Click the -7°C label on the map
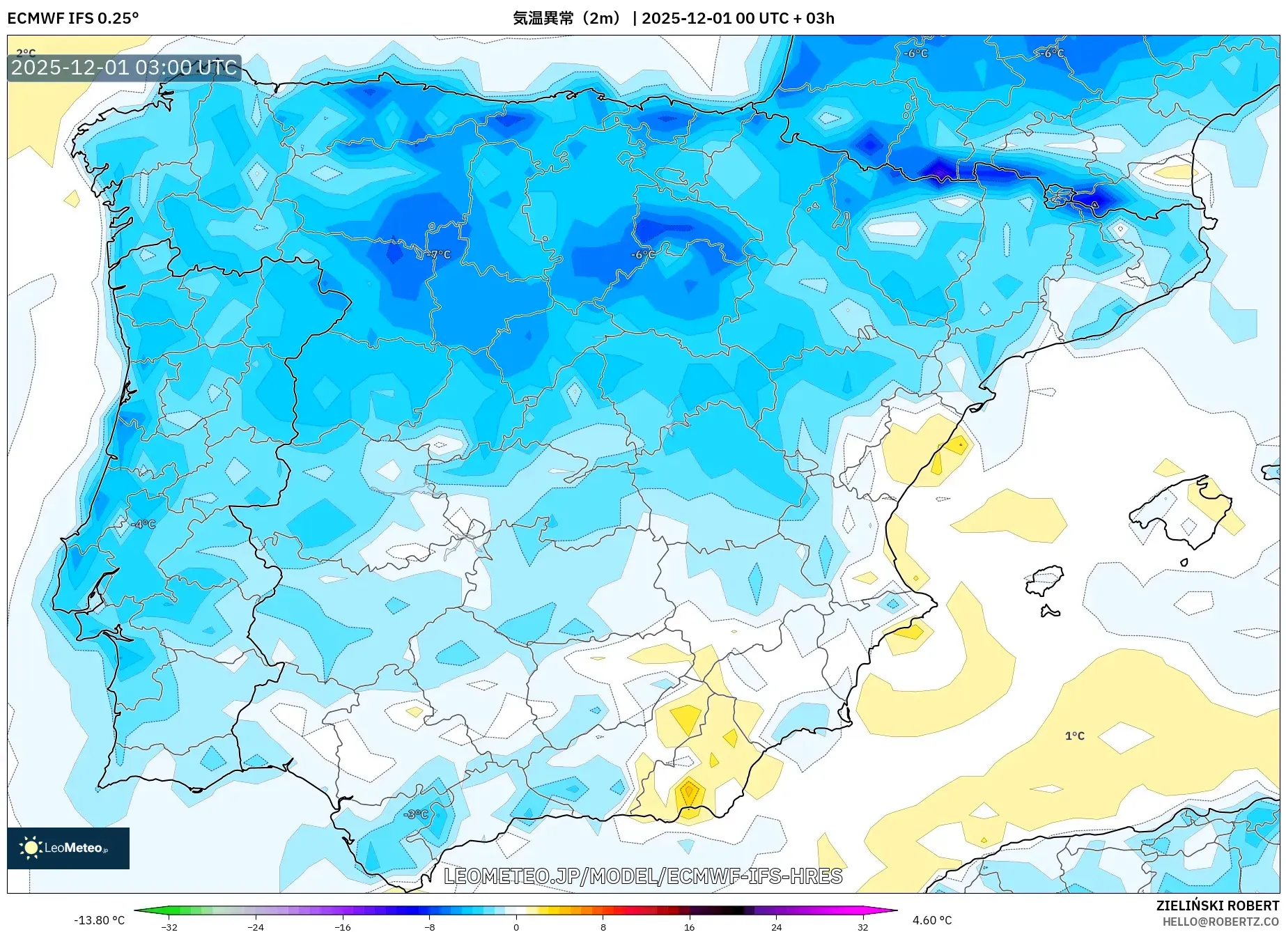pos(439,255)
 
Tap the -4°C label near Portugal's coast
pos(144,524)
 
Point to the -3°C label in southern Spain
pos(416,814)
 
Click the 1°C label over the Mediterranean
pos(1074,736)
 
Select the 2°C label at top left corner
pos(26,53)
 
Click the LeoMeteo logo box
pos(68,848)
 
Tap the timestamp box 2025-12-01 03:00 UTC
pos(124,68)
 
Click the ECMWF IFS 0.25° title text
pos(73,18)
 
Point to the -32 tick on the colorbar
pos(169,926)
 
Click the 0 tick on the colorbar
pos(516,926)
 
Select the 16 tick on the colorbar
pos(689,926)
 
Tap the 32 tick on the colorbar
pos(862,926)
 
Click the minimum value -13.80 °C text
pos(100,920)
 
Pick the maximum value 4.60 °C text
pos(932,920)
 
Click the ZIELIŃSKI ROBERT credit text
pos(1217,906)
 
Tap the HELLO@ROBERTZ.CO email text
pos(1220,922)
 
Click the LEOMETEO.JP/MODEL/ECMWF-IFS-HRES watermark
pos(642,876)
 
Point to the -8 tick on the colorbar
pos(430,926)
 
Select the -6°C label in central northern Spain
pos(642,255)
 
